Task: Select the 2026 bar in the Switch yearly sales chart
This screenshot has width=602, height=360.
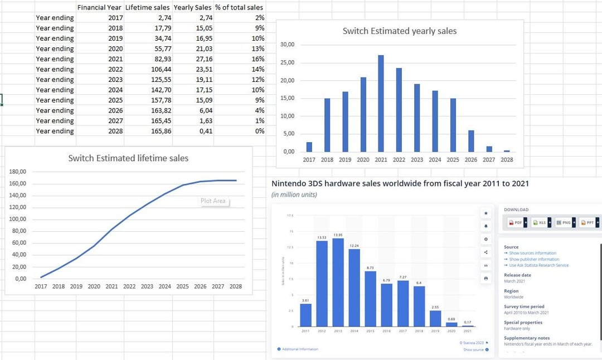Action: point(471,141)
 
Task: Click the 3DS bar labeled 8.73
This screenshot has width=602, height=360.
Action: point(370,299)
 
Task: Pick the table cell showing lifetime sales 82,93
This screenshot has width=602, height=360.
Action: point(148,59)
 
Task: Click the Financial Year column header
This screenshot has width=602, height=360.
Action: point(100,7)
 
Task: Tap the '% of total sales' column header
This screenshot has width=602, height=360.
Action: point(239,7)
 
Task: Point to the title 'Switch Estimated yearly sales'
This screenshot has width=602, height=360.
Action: point(399,31)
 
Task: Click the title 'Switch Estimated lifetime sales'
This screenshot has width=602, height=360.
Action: point(128,158)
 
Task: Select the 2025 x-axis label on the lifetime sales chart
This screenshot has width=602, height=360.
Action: point(182,286)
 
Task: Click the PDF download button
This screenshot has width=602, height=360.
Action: point(516,222)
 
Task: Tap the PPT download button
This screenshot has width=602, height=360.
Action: point(588,222)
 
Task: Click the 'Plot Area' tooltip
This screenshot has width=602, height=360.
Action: point(213,201)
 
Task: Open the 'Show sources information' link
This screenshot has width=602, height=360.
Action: point(532,253)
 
